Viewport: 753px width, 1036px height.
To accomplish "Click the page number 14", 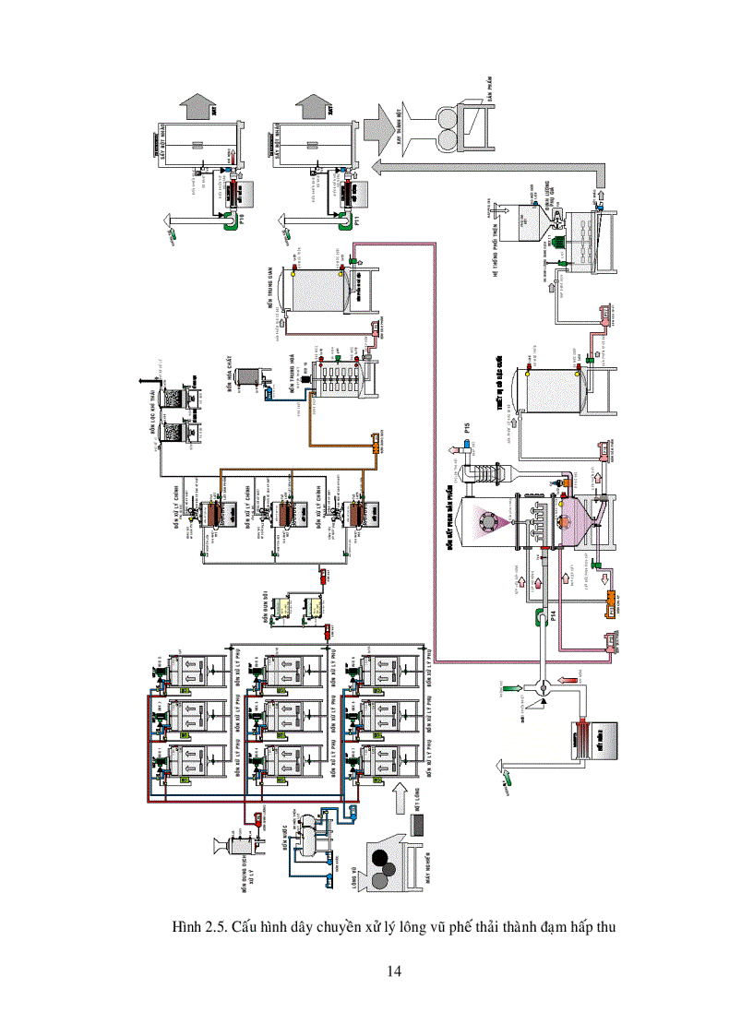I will [394, 971].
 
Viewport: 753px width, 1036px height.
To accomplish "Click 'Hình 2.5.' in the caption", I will [198, 926].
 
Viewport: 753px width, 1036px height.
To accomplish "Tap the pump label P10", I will [241, 220].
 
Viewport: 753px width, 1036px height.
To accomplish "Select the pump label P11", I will [357, 220].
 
